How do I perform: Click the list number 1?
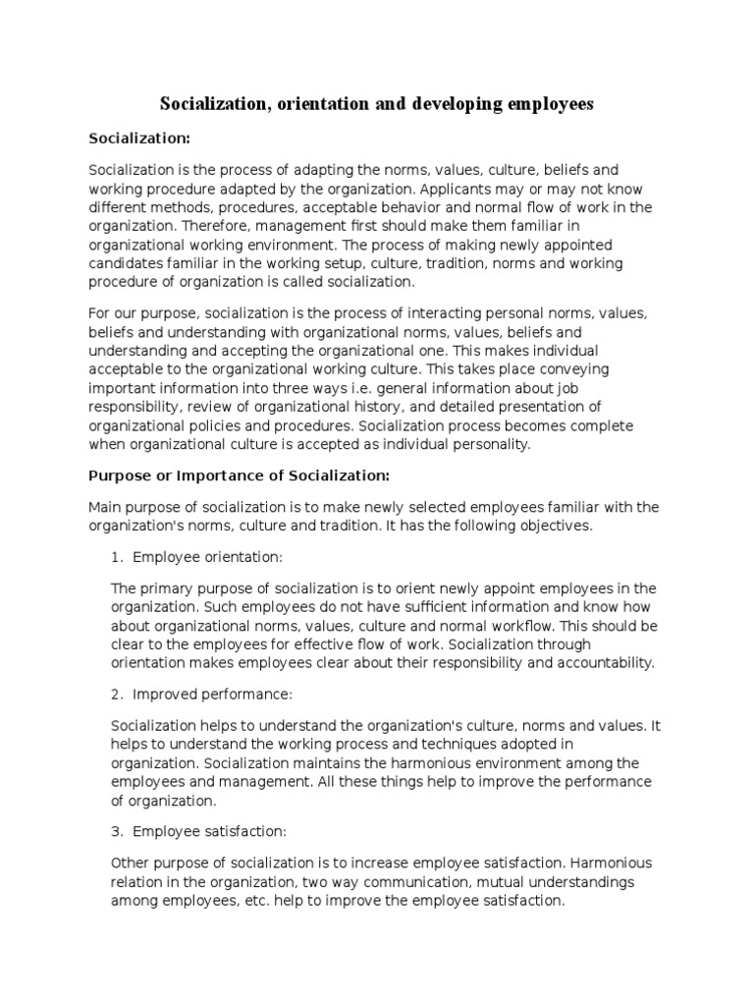(117, 557)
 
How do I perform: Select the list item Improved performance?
(213, 694)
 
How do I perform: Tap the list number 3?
(117, 831)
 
